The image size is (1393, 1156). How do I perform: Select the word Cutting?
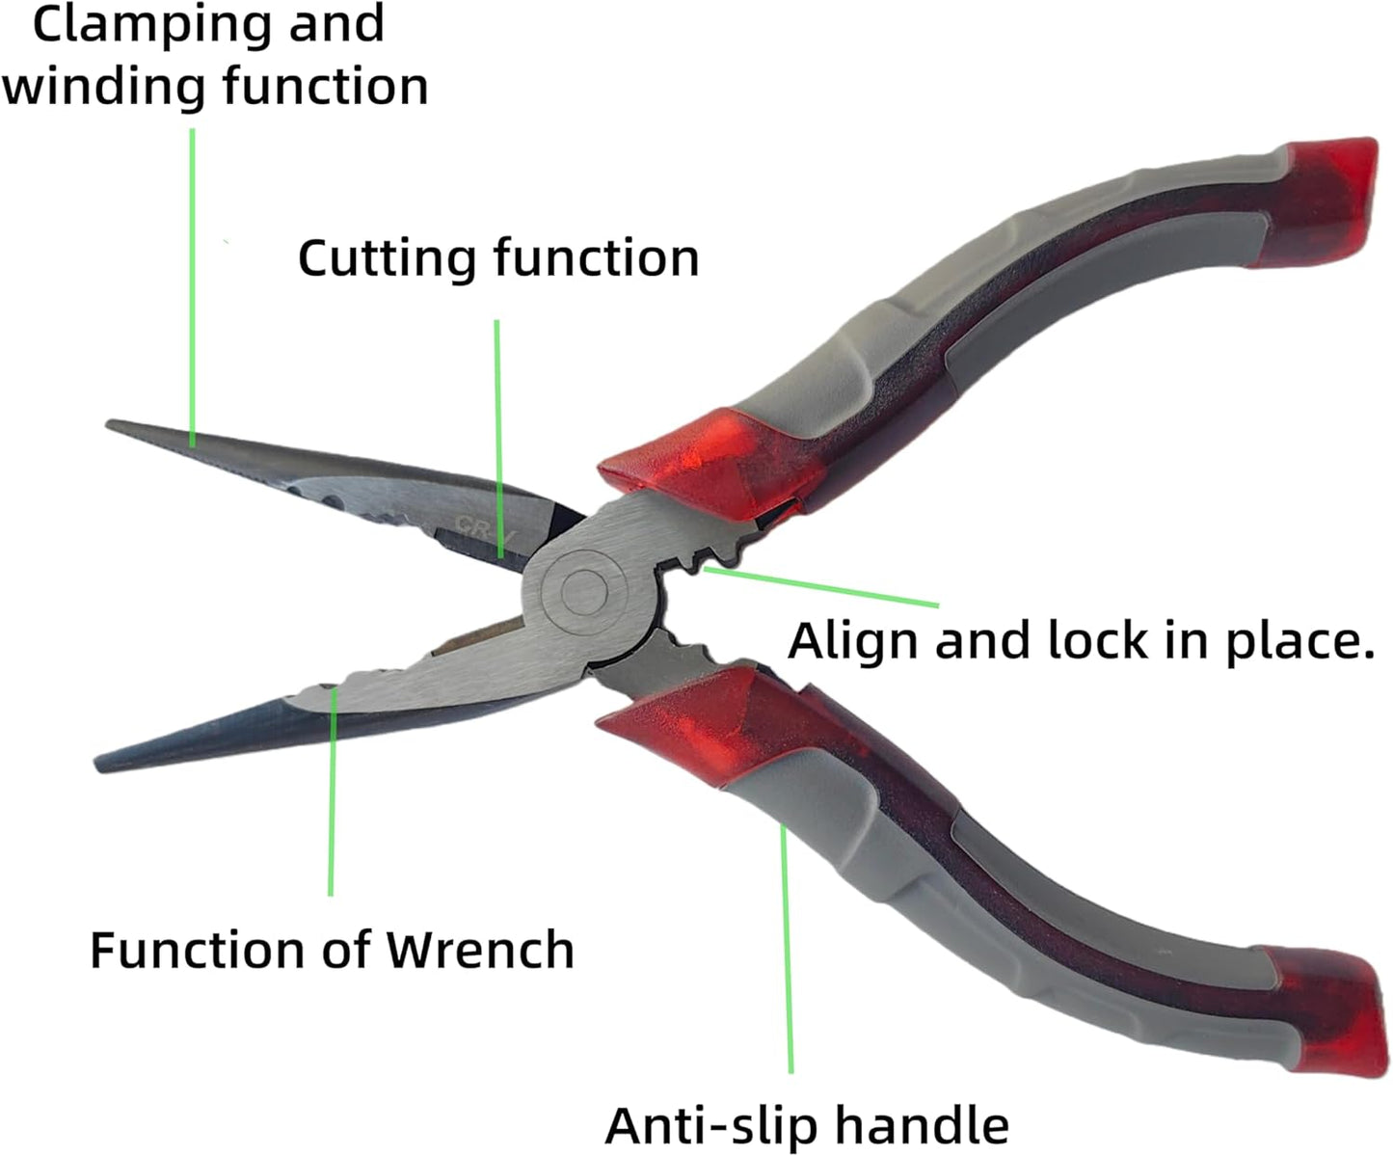(x=386, y=259)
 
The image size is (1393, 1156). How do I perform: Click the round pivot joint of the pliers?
(x=584, y=591)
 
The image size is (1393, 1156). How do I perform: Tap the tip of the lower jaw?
(x=97, y=765)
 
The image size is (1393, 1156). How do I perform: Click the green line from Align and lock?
(x=821, y=586)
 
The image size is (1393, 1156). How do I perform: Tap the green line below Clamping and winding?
(x=193, y=287)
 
